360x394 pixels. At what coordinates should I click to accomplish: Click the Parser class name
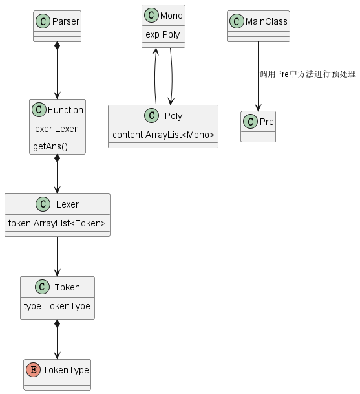tap(66, 21)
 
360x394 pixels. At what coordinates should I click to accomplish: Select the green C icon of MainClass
tap(237, 21)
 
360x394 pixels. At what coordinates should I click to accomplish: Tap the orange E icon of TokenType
tap(34, 370)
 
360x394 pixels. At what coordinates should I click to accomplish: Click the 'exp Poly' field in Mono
tap(163, 34)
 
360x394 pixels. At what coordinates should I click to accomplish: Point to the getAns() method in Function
tap(50, 146)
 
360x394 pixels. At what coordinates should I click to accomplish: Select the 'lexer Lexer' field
tap(55, 129)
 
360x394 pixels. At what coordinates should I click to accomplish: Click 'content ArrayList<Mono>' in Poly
tap(164, 135)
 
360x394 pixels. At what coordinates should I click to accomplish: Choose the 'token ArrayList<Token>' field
tap(57, 223)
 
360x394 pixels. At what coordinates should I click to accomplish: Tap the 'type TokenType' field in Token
tap(57, 306)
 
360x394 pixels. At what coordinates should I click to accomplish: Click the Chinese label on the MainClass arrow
tap(308, 74)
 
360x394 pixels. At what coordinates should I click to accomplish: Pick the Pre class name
tap(267, 122)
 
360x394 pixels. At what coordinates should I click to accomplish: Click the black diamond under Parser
tap(58, 46)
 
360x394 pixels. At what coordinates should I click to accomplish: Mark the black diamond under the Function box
tap(58, 159)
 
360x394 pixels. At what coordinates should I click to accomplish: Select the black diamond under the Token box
tap(58, 323)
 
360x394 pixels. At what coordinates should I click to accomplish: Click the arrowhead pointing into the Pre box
tap(258, 107)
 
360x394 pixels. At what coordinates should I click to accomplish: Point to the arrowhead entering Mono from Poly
tap(156, 51)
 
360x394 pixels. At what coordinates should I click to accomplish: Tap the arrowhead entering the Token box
tap(58, 273)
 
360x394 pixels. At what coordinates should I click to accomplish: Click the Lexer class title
tap(67, 204)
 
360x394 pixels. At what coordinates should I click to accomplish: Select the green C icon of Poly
tap(152, 116)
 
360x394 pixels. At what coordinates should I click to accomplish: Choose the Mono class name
tap(171, 16)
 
